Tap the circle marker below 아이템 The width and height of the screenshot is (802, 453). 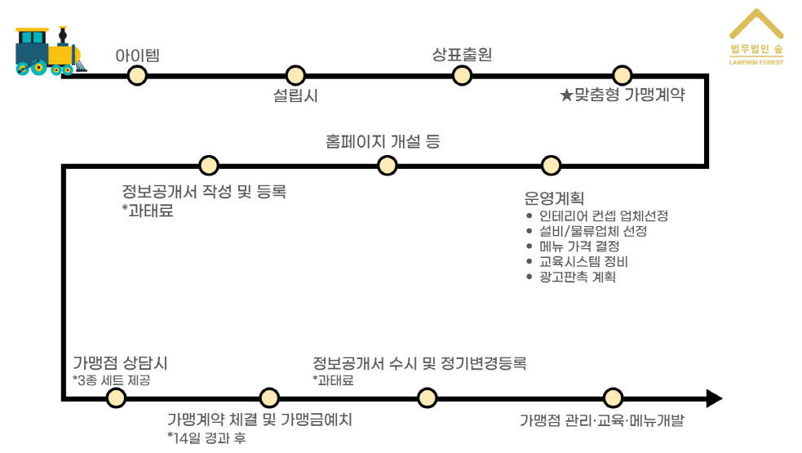137,75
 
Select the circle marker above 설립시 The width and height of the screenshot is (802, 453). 295,75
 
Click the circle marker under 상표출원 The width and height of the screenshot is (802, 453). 462,75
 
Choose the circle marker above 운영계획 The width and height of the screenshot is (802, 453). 552,165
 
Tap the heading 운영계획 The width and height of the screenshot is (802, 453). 554,198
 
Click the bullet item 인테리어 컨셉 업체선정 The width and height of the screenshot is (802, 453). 604,216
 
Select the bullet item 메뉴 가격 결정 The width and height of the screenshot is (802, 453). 579,246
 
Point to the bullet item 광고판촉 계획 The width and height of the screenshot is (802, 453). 577,277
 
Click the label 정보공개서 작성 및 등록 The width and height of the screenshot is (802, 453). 204,193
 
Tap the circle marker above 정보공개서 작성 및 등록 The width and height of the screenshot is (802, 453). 209,165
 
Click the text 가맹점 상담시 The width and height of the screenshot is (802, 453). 120,363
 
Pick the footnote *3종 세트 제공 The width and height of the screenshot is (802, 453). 111,380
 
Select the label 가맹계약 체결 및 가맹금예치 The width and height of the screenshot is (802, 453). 259,420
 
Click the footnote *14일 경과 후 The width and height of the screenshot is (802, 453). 206,439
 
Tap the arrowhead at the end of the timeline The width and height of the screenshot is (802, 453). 713,398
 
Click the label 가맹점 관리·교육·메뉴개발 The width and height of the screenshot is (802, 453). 601,421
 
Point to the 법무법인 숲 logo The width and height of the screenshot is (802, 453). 755,38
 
